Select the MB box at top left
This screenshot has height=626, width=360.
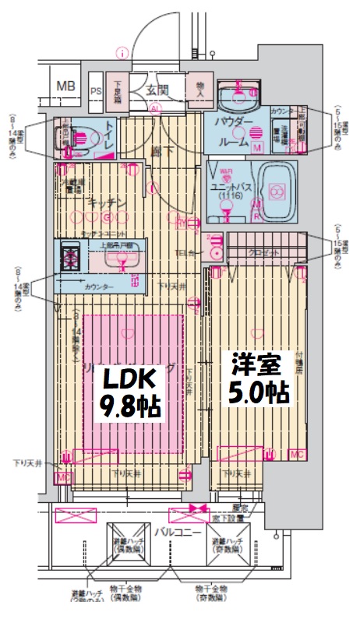pos(66,86)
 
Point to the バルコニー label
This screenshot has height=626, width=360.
pos(172,533)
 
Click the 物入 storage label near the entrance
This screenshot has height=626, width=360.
pos(199,88)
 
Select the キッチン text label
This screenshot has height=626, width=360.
pos(102,203)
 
